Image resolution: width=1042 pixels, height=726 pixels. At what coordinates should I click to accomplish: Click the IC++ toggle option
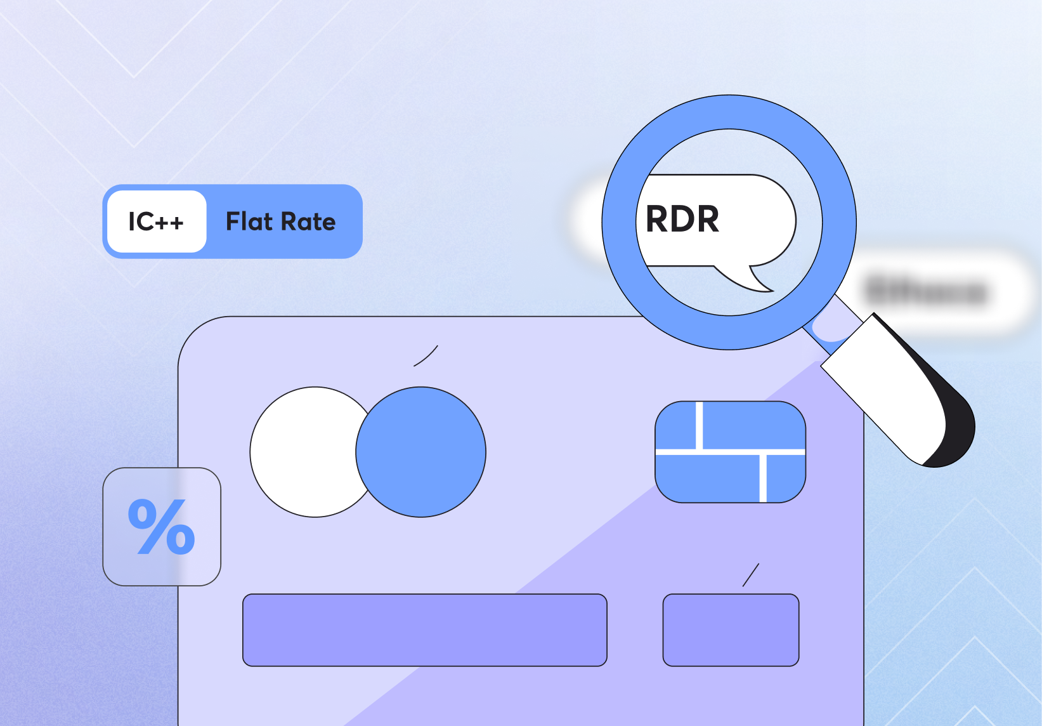pos(157,221)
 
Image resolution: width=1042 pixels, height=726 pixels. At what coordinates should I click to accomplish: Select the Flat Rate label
pos(280,221)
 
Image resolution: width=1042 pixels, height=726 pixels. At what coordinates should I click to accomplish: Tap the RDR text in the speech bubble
pos(682,219)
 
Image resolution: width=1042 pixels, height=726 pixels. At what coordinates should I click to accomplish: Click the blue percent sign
pos(161,527)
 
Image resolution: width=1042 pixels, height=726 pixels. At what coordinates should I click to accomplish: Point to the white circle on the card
pos(304,452)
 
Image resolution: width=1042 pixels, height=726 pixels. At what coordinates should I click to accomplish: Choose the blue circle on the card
pos(421,452)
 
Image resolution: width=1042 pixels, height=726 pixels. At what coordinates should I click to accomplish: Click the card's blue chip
pos(730,452)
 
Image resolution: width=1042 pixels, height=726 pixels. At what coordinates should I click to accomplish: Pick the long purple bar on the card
pos(424,630)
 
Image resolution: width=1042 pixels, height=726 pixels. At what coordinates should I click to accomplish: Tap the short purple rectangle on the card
pos(731,630)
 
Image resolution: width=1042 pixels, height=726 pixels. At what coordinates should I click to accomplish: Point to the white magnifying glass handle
pos(888,387)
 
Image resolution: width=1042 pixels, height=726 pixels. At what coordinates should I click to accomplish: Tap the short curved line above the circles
pos(426,356)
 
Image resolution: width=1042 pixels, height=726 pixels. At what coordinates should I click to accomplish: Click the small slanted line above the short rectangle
pos(751,575)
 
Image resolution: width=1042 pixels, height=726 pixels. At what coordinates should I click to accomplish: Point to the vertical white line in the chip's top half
pos(700,425)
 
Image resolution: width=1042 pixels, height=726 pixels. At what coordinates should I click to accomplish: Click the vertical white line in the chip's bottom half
pos(763,478)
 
